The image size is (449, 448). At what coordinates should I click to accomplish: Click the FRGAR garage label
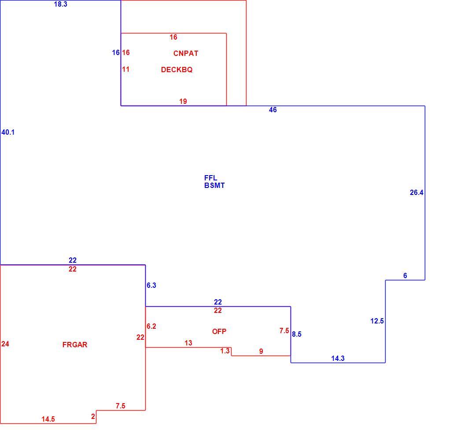[75, 345]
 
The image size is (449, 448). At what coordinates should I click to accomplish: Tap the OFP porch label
[219, 331]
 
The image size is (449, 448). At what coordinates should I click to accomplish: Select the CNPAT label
[186, 53]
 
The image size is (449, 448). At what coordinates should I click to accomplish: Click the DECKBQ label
[177, 70]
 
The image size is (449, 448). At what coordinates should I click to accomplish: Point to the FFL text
[210, 178]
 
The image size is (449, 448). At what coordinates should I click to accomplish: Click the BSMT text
[214, 186]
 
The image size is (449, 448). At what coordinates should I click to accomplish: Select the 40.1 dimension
[8, 132]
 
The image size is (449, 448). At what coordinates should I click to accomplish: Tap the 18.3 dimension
[60, 4]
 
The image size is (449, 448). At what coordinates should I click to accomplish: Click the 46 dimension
[273, 110]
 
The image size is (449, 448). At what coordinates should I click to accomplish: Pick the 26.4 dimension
[416, 193]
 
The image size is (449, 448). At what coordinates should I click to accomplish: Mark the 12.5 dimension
[377, 321]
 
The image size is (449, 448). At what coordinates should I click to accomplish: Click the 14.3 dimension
[338, 358]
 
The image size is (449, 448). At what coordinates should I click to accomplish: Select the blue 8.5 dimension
[297, 334]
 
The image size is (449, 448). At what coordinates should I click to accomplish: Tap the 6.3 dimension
[151, 286]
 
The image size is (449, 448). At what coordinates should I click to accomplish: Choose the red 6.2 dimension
[151, 327]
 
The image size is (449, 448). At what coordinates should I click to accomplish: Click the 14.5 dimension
[48, 419]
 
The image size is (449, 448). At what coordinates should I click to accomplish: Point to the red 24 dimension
[5, 344]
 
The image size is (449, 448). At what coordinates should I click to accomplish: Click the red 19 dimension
[183, 101]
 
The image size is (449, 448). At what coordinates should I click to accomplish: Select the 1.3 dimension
[225, 351]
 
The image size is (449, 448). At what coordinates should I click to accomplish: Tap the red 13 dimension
[188, 343]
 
